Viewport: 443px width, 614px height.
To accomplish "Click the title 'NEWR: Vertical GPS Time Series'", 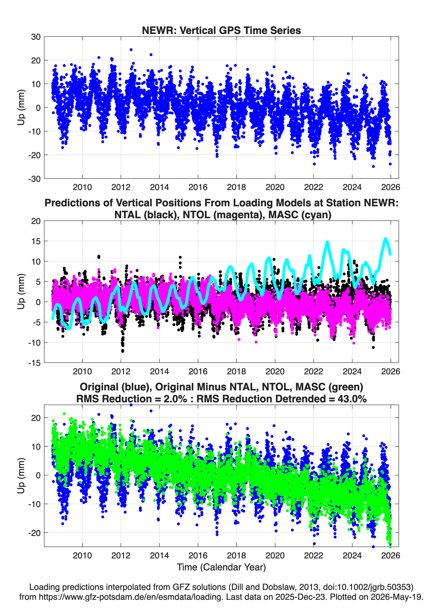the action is pyautogui.click(x=221, y=30).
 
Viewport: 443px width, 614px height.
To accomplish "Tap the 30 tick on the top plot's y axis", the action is pyautogui.click(x=36, y=37).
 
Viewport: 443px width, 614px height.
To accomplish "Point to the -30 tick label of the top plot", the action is pyautogui.click(x=34, y=179).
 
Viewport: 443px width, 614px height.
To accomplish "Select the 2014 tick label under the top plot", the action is pyautogui.click(x=159, y=187).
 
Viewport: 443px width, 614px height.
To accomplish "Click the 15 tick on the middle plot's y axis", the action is pyautogui.click(x=36, y=241).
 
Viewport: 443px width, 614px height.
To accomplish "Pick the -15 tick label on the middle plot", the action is pyautogui.click(x=34, y=363).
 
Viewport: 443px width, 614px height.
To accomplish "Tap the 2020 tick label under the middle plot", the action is pyautogui.click(x=275, y=371).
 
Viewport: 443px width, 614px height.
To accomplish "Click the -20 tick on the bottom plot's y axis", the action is pyautogui.click(x=34, y=533).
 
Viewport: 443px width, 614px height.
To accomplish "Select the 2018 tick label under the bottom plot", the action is pyautogui.click(x=236, y=556).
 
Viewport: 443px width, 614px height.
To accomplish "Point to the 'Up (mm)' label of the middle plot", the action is pyautogui.click(x=21, y=292).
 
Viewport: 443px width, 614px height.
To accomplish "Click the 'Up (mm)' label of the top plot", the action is pyautogui.click(x=21, y=107).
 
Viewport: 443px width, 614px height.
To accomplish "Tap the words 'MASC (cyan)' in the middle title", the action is pyautogui.click(x=300, y=215).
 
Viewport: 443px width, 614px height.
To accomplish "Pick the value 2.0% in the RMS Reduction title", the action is pyautogui.click(x=175, y=399).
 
